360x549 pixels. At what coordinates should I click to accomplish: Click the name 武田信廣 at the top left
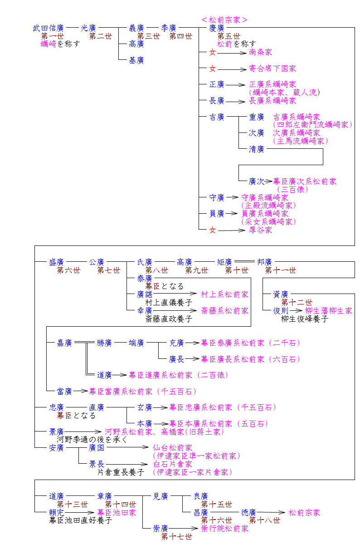click(48, 28)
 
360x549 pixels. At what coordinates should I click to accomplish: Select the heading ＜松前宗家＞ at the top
click(224, 20)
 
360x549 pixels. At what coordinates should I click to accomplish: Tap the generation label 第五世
click(229, 36)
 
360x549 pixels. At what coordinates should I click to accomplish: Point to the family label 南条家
click(261, 53)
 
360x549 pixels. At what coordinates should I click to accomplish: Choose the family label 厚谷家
click(261, 230)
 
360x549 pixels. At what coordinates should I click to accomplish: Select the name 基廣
click(136, 60)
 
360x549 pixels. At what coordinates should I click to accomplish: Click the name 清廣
click(257, 149)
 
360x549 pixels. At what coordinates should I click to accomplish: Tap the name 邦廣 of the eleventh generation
click(264, 262)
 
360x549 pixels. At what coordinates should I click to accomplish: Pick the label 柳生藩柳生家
click(329, 311)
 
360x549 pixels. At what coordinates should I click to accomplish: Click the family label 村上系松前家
click(225, 294)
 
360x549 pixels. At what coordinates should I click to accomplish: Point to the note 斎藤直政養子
click(162, 319)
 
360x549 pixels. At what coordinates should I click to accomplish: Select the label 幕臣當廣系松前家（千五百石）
click(143, 391)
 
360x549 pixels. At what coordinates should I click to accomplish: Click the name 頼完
click(57, 512)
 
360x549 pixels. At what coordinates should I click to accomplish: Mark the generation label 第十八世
click(264, 520)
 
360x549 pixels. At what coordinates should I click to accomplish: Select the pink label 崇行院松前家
click(225, 529)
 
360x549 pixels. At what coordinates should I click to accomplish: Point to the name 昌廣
click(201, 512)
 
